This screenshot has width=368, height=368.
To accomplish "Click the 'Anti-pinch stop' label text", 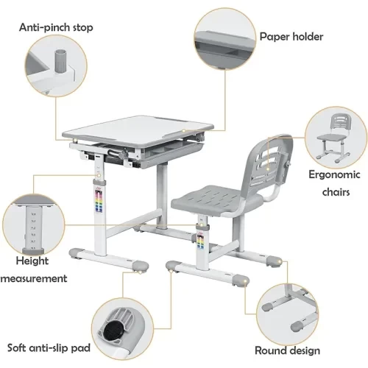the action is (56, 27).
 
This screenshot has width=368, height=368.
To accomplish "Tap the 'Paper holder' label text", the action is (291, 37).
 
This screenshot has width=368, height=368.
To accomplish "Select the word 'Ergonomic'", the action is (334, 174).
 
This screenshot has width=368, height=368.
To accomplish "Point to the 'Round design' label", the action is (287, 350).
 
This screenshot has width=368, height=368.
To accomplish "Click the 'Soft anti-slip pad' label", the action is (49, 348).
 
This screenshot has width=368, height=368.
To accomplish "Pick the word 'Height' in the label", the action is (32, 261).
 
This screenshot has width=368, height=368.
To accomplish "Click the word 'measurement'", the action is (34, 278).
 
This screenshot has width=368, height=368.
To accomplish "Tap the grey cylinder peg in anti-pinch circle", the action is (60, 61).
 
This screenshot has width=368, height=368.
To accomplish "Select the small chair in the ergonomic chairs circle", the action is (333, 138).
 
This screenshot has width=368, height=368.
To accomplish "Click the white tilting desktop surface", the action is (138, 131).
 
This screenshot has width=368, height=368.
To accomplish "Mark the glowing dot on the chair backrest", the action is (268, 169).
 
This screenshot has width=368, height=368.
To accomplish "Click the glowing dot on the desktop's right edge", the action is (183, 130).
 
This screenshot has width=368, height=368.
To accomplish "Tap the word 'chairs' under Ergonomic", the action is (336, 192).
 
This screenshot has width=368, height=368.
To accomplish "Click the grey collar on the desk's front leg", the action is (99, 183).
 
